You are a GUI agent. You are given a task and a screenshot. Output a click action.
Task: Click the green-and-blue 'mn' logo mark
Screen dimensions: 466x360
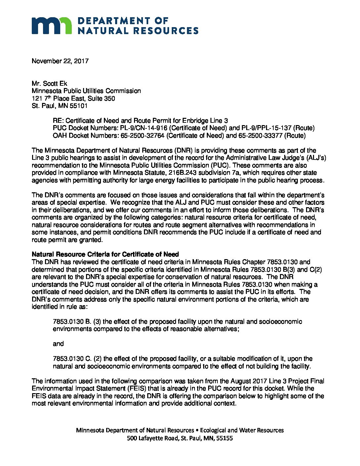point(51,25)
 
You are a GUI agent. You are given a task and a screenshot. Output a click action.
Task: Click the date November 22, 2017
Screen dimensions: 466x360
point(60,61)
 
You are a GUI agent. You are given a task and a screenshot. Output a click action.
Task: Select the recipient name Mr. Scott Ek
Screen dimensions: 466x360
point(49,83)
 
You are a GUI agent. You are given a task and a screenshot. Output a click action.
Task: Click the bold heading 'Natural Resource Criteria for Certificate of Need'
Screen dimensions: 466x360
point(105,254)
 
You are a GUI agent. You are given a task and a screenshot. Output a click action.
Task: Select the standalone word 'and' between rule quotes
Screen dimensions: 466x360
point(58,344)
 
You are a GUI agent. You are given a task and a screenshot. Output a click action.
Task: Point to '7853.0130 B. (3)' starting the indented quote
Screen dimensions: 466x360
point(77,321)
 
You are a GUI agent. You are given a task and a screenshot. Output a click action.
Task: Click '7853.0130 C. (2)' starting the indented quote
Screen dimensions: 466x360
point(78,359)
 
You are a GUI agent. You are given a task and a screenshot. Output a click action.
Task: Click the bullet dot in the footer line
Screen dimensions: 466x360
point(197,430)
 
